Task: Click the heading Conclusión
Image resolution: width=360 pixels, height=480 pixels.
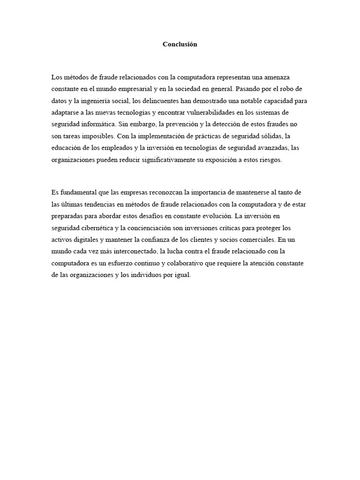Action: click(180, 45)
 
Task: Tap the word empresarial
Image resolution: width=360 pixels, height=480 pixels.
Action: click(131, 89)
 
